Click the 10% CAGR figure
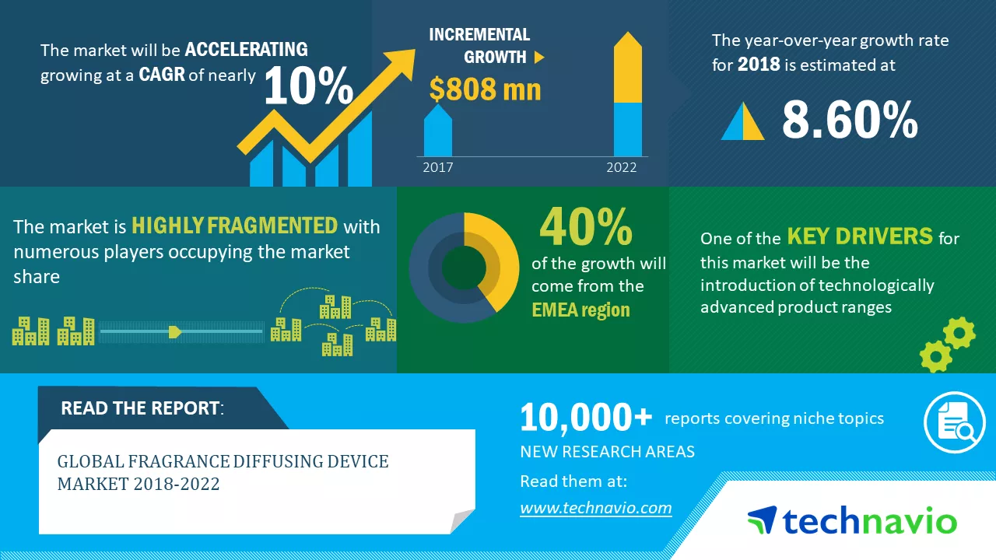309,85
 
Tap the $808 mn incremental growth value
485,89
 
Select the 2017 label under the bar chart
438,167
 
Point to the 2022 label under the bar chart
622,167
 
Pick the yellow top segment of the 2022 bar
628,67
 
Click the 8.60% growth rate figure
850,119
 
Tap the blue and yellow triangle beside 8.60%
742,121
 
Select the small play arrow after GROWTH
539,58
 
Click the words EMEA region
580,310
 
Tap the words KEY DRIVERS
860,236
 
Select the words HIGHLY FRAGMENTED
235,226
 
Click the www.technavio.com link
596,508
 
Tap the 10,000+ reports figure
586,417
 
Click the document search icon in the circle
955,422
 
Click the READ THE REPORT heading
142,408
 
